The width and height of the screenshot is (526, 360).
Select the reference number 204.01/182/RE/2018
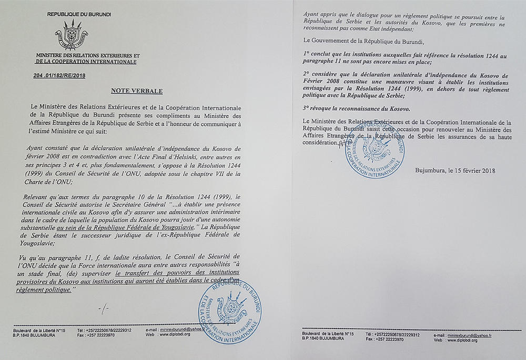(x=58, y=76)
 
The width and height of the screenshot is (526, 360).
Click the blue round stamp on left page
(x=228, y=309)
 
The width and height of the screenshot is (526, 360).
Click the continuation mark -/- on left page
(x=106, y=307)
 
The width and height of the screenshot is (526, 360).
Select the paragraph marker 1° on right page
(x=306, y=54)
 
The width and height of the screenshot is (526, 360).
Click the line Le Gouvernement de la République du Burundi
(x=362, y=40)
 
